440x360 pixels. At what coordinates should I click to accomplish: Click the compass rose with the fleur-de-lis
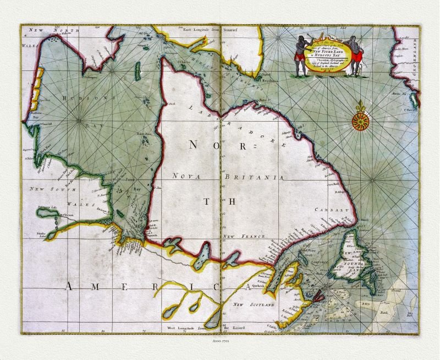[361, 118]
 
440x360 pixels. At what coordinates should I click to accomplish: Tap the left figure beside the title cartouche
[300, 55]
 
